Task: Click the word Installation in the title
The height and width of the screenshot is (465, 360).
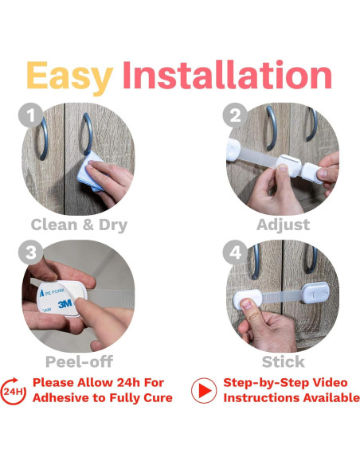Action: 227,75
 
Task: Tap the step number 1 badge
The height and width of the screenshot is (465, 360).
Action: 31,115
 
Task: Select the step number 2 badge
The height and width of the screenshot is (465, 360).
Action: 235,115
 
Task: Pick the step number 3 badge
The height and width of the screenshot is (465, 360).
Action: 31,252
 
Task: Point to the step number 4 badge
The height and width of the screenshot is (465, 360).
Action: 235,252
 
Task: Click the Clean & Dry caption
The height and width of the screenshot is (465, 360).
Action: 79,225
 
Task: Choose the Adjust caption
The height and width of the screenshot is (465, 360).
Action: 284,225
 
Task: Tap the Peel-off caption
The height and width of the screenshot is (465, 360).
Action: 79,361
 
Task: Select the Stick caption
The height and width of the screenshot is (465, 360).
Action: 284,361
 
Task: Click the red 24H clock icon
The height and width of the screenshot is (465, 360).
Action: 13,391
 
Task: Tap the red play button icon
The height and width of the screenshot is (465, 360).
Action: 204,391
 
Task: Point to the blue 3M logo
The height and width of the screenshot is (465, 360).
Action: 65,304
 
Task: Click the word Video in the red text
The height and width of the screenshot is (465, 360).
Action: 330,382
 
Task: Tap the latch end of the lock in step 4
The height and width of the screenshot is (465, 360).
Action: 316,292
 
